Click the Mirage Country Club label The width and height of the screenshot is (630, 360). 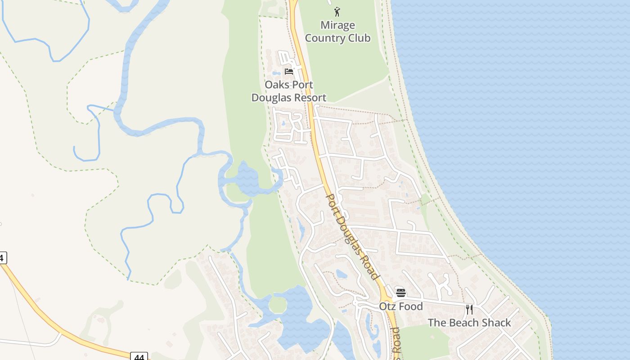pyautogui.click(x=337, y=31)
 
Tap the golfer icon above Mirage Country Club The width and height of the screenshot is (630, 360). pyautogui.click(x=337, y=12)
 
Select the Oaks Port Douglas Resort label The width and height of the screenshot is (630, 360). pyautogui.click(x=288, y=91)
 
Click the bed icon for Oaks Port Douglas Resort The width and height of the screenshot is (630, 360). pyautogui.click(x=289, y=71)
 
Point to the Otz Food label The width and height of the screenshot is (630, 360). pyautogui.click(x=400, y=306)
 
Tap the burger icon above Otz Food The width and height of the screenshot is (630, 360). pyautogui.click(x=400, y=292)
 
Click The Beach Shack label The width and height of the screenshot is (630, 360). pyautogui.click(x=469, y=323)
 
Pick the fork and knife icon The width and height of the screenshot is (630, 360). pyautogui.click(x=469, y=309)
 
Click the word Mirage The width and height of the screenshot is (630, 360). pyautogui.click(x=337, y=25)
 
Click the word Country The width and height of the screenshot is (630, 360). pyautogui.click(x=326, y=38)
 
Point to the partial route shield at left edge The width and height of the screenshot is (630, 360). pyautogui.click(x=3, y=258)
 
